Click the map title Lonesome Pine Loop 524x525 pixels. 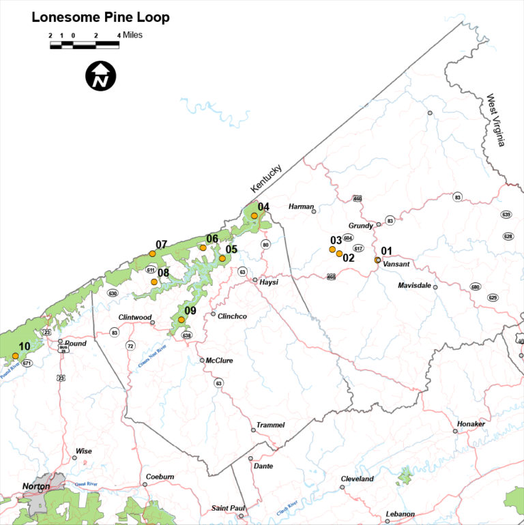coord(100,17)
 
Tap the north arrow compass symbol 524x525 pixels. coord(100,76)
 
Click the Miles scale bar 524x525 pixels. coord(85,45)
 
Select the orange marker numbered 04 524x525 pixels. coord(254,215)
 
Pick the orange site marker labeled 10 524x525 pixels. coord(16,355)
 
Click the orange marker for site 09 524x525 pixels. coord(181,320)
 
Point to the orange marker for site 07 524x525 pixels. coord(152,254)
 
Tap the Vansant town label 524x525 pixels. coord(396,264)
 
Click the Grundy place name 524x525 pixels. coord(361,225)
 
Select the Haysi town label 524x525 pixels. coord(269,282)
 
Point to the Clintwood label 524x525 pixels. coord(135,317)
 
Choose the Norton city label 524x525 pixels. coord(36,486)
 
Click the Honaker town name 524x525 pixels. coord(472,424)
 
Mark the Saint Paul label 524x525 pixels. coord(228,508)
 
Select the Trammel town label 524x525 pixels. coord(270,425)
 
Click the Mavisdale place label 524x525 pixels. coord(415,286)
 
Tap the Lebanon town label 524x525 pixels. coord(400,513)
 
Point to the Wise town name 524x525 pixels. coord(83,451)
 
